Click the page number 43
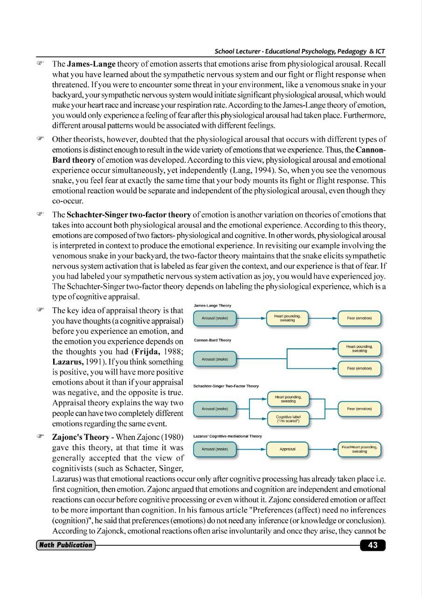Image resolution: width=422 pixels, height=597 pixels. [373, 545]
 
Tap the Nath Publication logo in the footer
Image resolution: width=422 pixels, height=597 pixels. [65, 545]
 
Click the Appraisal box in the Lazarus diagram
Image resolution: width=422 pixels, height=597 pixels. [288, 449]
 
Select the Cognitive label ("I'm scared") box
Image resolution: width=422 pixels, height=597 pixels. [288, 419]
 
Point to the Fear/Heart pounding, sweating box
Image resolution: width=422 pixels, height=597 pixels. [359, 449]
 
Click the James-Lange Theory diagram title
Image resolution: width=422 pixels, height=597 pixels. [212, 305]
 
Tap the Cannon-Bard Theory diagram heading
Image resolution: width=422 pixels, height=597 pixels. [212, 340]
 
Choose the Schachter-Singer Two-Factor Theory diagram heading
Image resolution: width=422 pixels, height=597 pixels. [226, 386]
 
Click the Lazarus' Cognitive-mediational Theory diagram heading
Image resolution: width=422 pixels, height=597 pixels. [228, 436]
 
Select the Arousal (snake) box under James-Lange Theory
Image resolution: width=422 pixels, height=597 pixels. [214, 318]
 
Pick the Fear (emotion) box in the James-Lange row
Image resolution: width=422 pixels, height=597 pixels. [359, 318]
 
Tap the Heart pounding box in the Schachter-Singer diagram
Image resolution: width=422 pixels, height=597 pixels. [288, 399]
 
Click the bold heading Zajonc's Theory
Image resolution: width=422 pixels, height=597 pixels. [80, 437]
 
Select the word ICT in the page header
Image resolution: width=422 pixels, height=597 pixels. [380, 51]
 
